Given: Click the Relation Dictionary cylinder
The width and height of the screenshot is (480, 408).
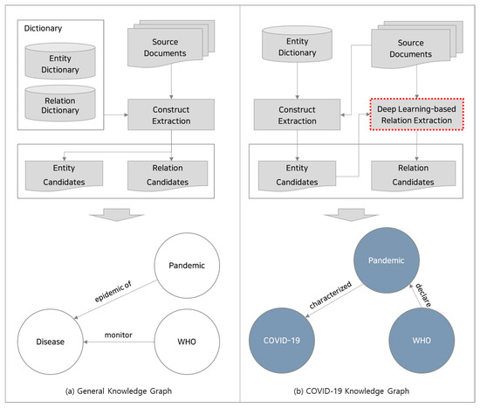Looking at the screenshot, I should pos(59,107).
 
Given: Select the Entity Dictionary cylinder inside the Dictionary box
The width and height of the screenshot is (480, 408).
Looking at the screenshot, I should pos(59,63).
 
